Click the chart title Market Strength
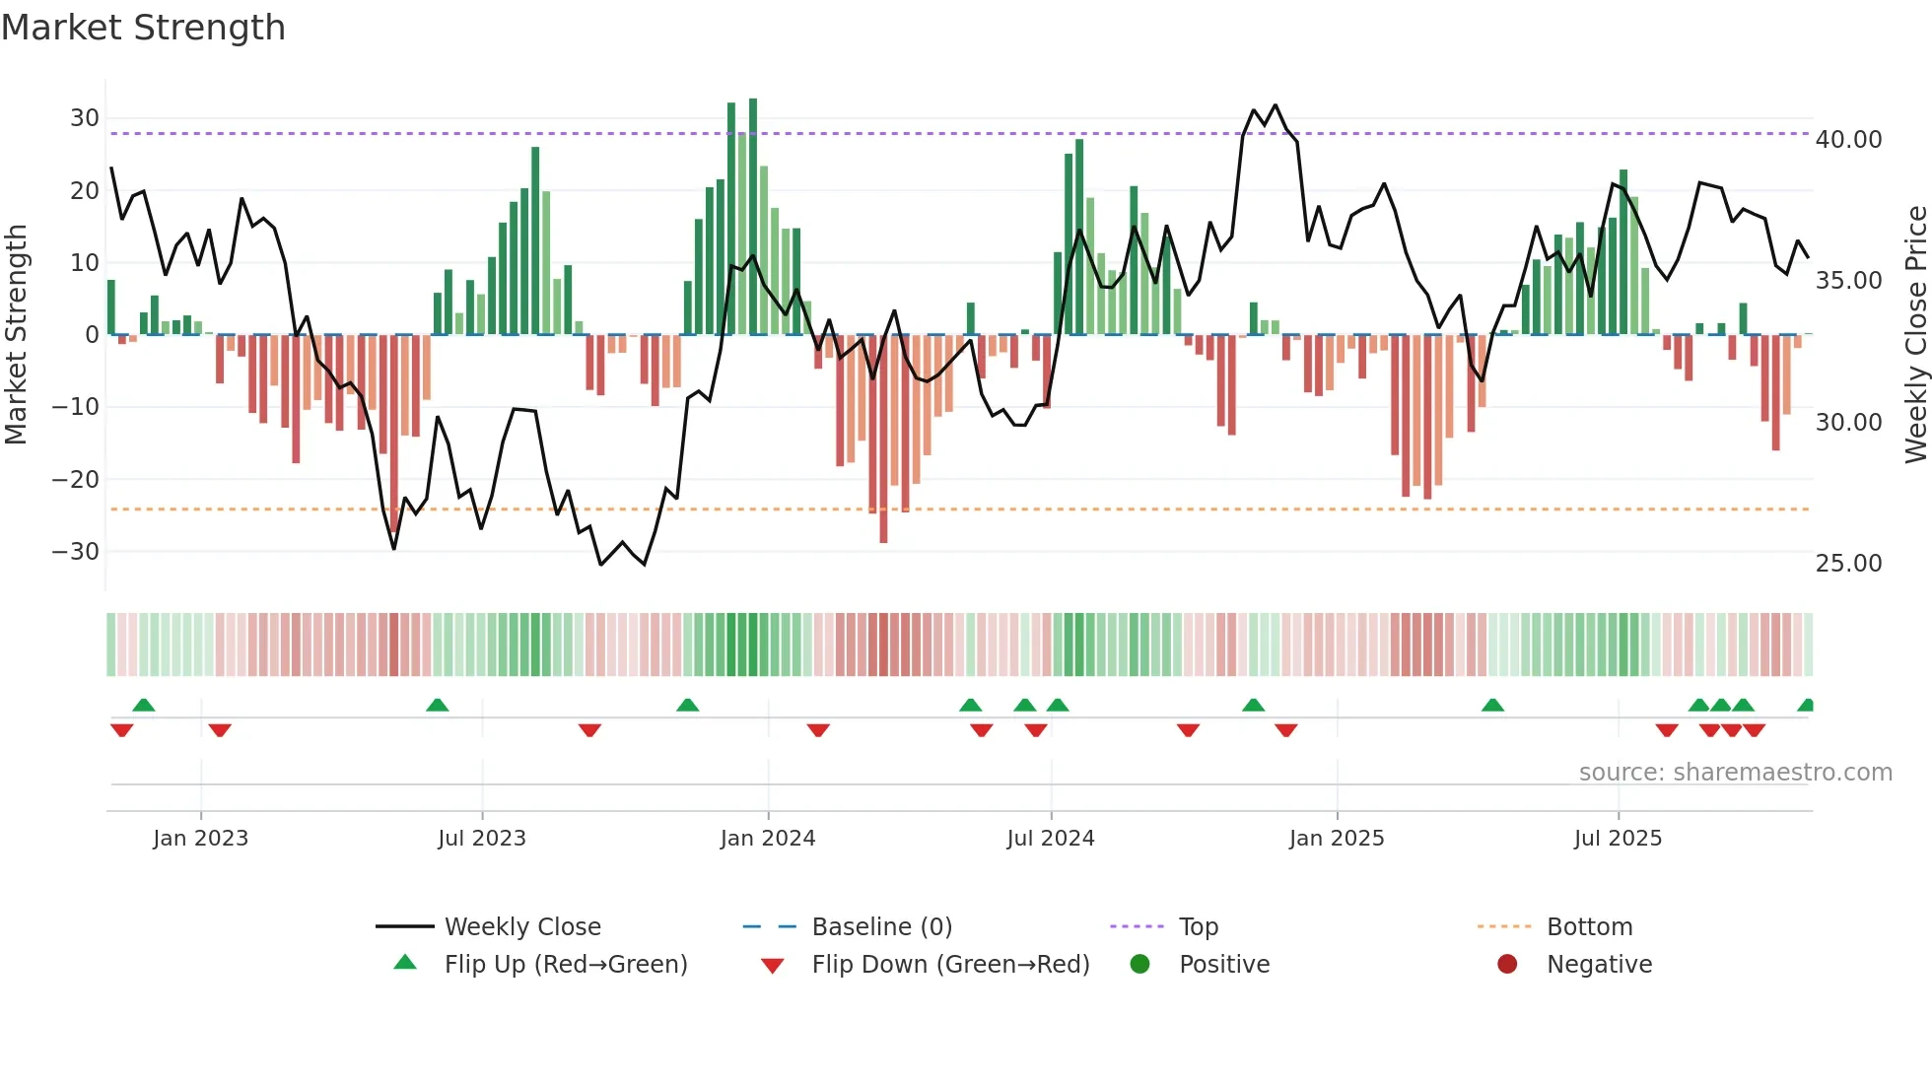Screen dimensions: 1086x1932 click(x=144, y=28)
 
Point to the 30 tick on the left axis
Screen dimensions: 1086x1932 click(x=85, y=118)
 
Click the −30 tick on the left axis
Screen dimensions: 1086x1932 click(x=77, y=551)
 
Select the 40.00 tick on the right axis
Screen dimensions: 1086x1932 click(x=1848, y=140)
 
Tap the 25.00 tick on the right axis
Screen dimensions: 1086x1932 click(x=1848, y=564)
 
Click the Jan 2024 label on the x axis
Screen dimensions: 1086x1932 click(x=767, y=839)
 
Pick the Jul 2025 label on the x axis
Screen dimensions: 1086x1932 click(x=1618, y=839)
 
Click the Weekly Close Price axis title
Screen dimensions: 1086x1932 click(x=1915, y=334)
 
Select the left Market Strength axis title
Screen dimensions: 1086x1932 click(x=17, y=334)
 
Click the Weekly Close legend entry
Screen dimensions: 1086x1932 click(x=521, y=927)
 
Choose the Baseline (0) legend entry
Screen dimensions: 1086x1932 click(x=881, y=927)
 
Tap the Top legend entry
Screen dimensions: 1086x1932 click(x=1198, y=927)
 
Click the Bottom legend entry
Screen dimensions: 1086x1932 click(x=1589, y=927)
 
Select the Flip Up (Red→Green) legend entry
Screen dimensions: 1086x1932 click(x=565, y=965)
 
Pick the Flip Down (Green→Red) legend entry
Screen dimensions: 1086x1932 click(x=950, y=965)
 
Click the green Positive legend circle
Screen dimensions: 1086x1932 click(x=1140, y=964)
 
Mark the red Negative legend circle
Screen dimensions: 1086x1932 click(x=1507, y=964)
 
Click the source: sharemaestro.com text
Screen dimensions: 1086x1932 click(x=1735, y=773)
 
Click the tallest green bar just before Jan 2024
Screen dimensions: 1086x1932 click(x=753, y=217)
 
